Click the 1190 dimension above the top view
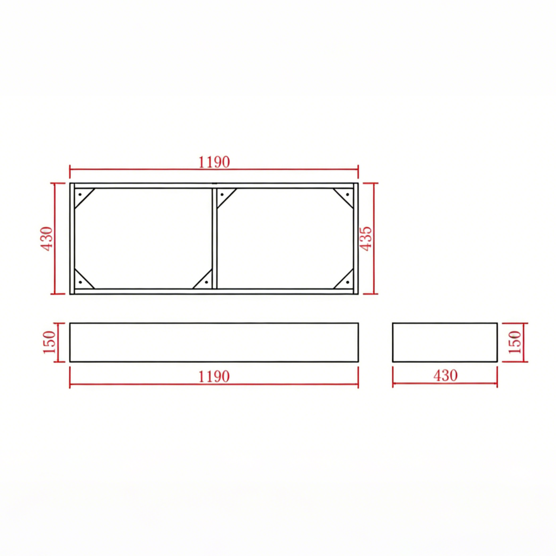[x=214, y=162]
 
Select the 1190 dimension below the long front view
[x=214, y=376]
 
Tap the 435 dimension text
[x=365, y=239]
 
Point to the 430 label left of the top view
[x=47, y=239]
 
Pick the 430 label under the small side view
[x=445, y=375]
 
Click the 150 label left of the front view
[x=49, y=342]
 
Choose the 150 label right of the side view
[x=514, y=342]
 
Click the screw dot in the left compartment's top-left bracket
[x=80, y=195]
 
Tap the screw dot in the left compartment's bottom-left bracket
[x=80, y=282]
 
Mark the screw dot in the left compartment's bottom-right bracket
[x=206, y=282]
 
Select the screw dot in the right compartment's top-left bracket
[x=222, y=195]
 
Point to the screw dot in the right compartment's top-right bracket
[x=347, y=195]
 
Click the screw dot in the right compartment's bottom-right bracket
[x=347, y=282]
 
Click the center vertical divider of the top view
[x=214, y=239]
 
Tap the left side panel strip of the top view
[x=72, y=239]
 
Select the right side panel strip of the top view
[x=356, y=239]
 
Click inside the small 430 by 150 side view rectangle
[x=445, y=342]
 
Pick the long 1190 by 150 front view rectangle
[x=214, y=342]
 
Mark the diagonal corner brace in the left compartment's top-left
[x=85, y=198]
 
